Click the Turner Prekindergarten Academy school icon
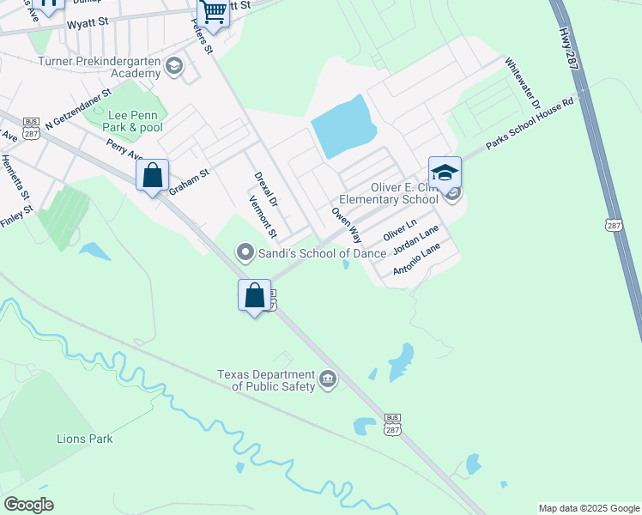click(174, 67)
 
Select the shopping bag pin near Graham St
click(152, 176)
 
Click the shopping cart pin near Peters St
click(214, 13)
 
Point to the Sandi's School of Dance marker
click(245, 252)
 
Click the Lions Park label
click(85, 439)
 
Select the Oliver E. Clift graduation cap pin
click(445, 173)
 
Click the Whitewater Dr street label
click(523, 84)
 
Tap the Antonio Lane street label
click(416, 259)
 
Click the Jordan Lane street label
click(415, 240)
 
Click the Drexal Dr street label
click(266, 191)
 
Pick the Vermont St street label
click(263, 217)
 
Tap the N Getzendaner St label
click(79, 107)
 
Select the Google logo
click(28, 505)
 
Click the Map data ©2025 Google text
click(589, 508)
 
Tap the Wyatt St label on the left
click(90, 23)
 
